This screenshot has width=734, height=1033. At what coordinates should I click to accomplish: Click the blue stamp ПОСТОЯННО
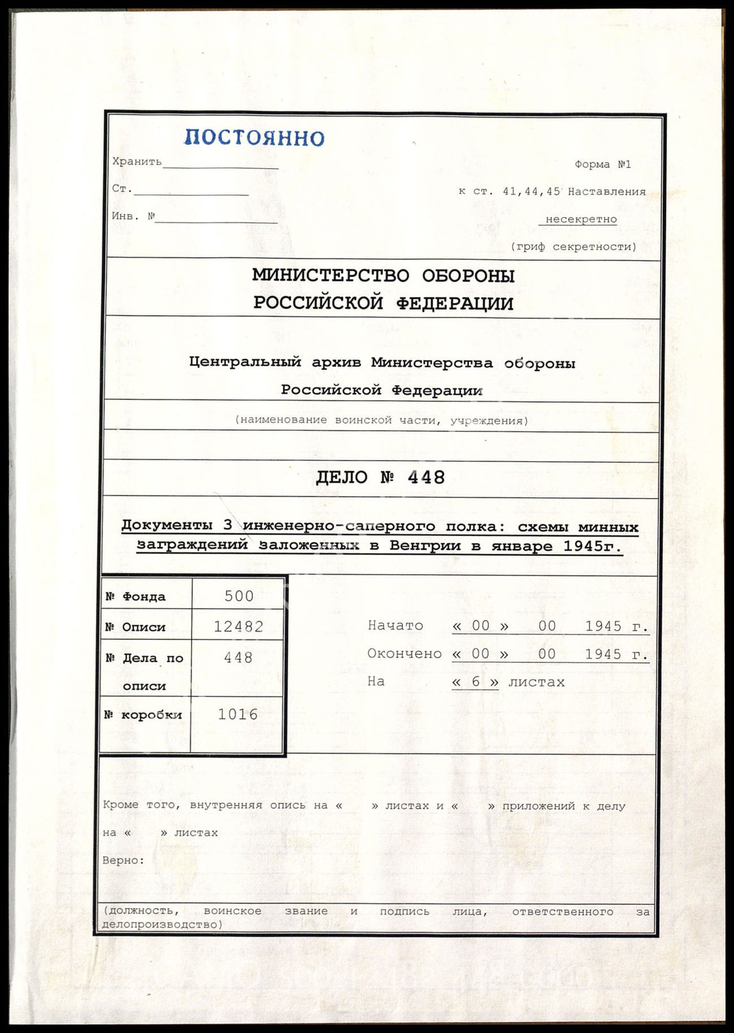pyautogui.click(x=254, y=138)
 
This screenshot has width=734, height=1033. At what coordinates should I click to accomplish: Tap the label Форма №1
pyautogui.click(x=602, y=164)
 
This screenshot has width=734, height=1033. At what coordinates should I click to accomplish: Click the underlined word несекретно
pyautogui.click(x=581, y=219)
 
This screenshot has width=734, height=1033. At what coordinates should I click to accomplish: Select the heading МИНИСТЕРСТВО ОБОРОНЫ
pyautogui.click(x=383, y=276)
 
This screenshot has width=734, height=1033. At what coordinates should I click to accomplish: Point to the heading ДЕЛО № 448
pyautogui.click(x=380, y=477)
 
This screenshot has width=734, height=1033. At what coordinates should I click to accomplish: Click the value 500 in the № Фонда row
pyautogui.click(x=239, y=597)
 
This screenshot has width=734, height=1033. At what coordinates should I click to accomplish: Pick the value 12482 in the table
pyautogui.click(x=239, y=627)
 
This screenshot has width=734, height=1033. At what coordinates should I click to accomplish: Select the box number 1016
pyautogui.click(x=238, y=714)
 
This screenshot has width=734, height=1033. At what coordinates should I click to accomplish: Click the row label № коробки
pyautogui.click(x=143, y=715)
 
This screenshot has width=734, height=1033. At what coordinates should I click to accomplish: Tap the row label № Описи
pyautogui.click(x=135, y=627)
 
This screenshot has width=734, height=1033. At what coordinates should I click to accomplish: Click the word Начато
pyautogui.click(x=395, y=625)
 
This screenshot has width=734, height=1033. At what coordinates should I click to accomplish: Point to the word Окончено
pyautogui.click(x=404, y=653)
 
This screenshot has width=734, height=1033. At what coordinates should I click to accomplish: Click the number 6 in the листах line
pyautogui.click(x=475, y=682)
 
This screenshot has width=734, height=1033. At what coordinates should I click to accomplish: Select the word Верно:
pyautogui.click(x=124, y=860)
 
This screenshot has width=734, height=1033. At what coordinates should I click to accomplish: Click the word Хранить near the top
pyautogui.click(x=137, y=161)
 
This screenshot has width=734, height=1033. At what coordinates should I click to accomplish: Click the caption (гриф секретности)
pyautogui.click(x=573, y=246)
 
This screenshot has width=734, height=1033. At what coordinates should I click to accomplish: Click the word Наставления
pyautogui.click(x=607, y=191)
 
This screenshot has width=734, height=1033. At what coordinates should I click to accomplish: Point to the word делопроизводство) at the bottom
pyautogui.click(x=163, y=924)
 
